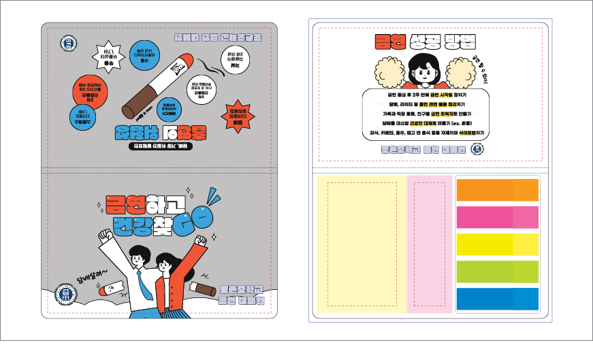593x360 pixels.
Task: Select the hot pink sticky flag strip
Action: (x=497, y=217)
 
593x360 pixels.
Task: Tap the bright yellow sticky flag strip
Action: (x=497, y=244)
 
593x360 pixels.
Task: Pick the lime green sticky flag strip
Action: (x=497, y=272)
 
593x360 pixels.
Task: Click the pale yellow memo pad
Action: (x=361, y=242)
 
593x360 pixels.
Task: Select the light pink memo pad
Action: (x=429, y=242)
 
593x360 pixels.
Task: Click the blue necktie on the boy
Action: (x=145, y=280)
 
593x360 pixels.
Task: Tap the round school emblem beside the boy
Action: (x=65, y=295)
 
